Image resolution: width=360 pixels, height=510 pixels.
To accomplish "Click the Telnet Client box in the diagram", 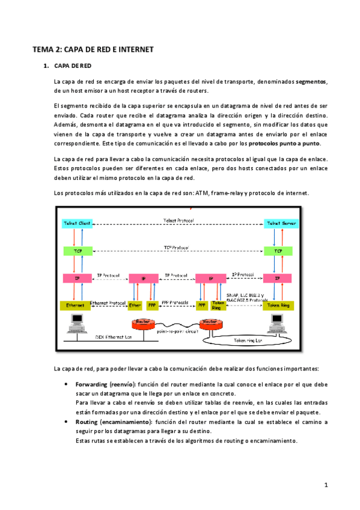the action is (77, 223).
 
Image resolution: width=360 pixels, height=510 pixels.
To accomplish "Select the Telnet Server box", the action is (278, 223).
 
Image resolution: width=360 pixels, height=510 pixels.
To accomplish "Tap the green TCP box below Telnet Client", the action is (77, 250).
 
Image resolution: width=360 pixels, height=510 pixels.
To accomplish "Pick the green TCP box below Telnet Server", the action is (278, 250).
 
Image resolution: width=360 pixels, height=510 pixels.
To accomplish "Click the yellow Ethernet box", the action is (75, 305).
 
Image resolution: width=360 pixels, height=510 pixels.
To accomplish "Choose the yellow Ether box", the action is (135, 305).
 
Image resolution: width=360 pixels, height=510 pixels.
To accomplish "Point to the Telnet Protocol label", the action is (178, 220).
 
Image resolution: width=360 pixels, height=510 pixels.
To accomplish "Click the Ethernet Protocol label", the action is (107, 303).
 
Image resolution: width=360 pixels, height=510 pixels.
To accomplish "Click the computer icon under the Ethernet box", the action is (76, 325).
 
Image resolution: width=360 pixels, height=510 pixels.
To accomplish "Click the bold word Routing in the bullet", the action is (88, 422).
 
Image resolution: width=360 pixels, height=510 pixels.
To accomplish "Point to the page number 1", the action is (325, 484).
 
